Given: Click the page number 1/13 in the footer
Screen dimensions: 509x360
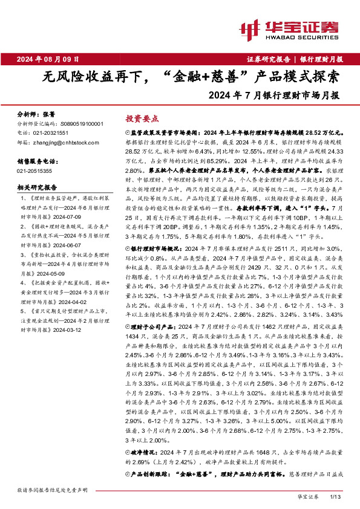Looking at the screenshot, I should [336, 496].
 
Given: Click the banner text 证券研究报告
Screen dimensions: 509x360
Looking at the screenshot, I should [270, 59].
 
